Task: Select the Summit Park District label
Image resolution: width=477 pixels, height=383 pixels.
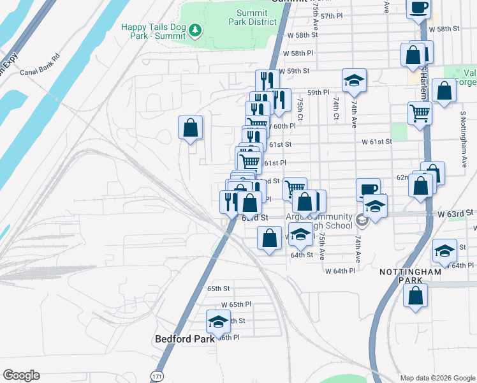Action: pos(253,17)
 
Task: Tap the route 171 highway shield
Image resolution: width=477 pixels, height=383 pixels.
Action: pos(157,377)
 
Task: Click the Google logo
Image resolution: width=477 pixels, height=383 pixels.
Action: pos(21,375)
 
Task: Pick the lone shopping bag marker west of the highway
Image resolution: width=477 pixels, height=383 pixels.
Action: pos(190,128)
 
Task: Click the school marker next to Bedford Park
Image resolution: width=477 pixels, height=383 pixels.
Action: pos(218,320)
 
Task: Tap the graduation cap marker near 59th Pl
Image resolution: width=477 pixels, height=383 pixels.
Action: pos(354,80)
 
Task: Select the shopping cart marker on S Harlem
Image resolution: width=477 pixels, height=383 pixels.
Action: pos(420,114)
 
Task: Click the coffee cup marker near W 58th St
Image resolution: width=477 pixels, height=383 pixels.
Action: pos(418,8)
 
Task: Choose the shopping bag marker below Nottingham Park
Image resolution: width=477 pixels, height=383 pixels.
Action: pos(416,296)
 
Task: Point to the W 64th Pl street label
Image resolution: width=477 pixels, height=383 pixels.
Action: pos(340,271)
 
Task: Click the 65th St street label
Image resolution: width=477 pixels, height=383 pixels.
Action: pos(218,289)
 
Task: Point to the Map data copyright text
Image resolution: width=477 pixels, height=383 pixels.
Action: pos(437,377)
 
